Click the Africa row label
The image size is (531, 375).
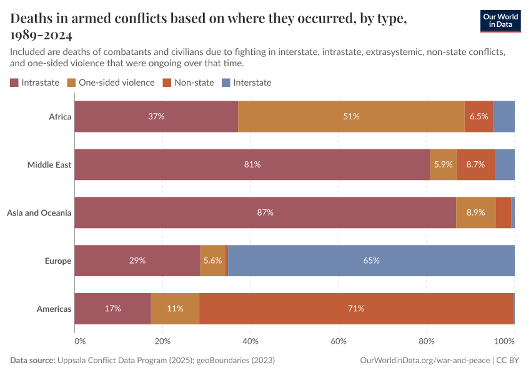point(60,116)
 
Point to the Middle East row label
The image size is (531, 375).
point(49,164)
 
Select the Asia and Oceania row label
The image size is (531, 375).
point(39,212)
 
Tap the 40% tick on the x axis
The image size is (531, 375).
point(251,341)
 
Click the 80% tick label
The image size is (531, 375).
point(427,341)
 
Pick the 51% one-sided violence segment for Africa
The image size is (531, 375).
point(351,116)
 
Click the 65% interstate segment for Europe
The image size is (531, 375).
point(371,261)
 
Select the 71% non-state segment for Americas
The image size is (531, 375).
point(356,309)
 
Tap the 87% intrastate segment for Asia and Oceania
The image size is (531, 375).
point(265,212)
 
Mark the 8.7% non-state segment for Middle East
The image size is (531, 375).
point(475,164)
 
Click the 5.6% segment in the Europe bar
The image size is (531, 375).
point(212,261)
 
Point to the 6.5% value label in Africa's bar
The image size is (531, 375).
point(479,116)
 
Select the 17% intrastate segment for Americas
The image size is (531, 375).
point(112,309)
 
